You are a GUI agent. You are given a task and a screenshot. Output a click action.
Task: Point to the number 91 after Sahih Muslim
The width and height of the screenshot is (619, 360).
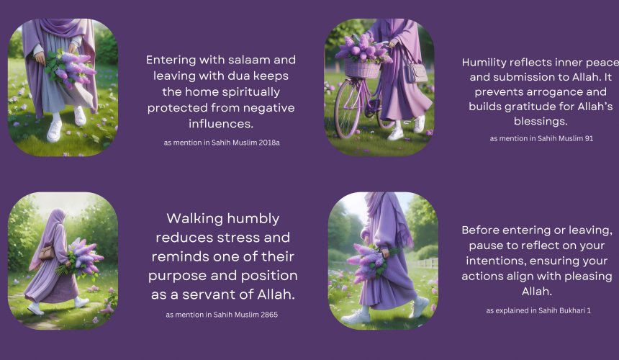point(589,138)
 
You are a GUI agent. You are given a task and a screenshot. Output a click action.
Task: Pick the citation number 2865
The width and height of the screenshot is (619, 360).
point(268,315)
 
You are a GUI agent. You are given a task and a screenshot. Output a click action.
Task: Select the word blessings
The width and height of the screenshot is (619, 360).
point(541,122)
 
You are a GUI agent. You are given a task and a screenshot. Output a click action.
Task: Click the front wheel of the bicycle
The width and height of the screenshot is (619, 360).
point(348,108)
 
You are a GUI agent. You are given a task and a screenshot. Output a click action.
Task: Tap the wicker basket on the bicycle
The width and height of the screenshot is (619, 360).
point(362,68)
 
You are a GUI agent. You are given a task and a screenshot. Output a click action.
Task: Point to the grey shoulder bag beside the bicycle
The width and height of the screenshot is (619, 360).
point(416,72)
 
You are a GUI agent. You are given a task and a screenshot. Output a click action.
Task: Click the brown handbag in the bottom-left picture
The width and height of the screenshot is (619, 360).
point(47,252)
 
